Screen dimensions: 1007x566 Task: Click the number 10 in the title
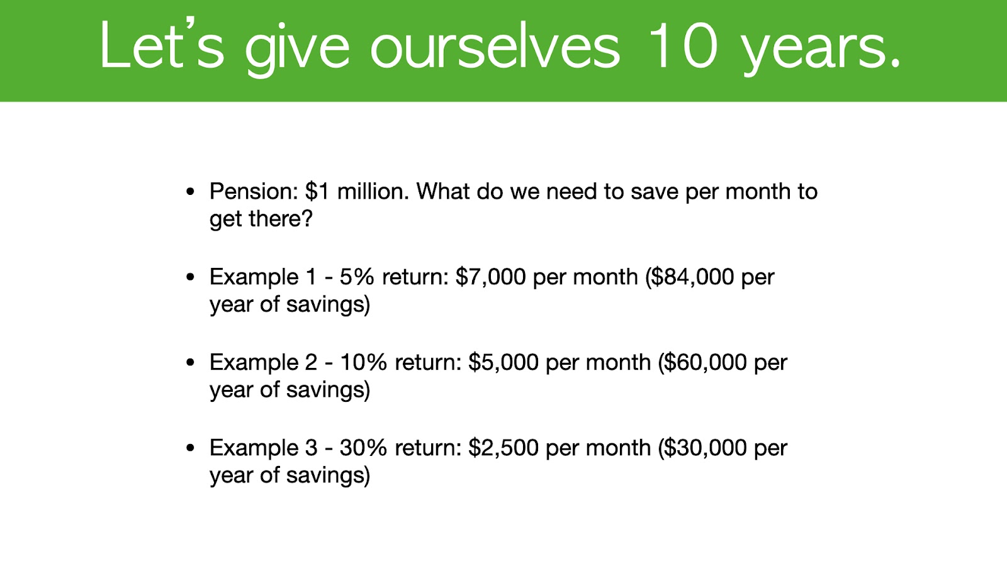682,45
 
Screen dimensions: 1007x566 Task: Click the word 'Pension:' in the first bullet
254,191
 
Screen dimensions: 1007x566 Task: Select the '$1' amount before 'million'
317,191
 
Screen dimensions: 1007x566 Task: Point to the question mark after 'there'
307,218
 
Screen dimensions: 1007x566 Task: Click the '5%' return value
356,277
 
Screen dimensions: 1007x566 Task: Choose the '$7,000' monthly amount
490,277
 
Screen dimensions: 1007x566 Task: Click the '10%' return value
363,362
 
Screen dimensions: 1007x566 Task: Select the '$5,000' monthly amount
503,362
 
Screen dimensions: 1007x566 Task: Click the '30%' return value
363,447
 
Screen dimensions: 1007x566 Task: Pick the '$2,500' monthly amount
503,447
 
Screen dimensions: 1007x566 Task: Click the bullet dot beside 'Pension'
190,192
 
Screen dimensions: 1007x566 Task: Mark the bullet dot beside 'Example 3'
190,448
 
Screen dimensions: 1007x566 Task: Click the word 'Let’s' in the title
162,44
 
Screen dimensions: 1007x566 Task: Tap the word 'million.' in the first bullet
373,191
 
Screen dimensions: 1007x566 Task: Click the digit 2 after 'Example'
311,362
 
